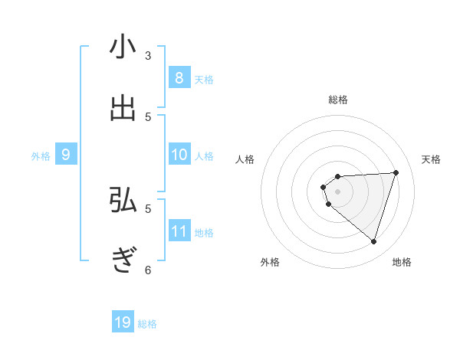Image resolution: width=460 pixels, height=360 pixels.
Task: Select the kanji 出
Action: click(x=123, y=107)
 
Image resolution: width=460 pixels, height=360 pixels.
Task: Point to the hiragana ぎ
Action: click(x=123, y=260)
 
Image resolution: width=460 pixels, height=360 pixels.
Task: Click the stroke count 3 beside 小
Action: click(x=148, y=55)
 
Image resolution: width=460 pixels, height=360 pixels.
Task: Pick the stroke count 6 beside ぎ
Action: click(x=148, y=269)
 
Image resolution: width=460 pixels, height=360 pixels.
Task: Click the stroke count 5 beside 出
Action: click(x=148, y=116)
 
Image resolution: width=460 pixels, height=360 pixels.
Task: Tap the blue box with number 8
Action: click(x=179, y=78)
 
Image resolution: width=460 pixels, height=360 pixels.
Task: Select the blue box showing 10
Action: click(x=179, y=155)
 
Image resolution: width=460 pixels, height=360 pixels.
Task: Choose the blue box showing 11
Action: click(x=179, y=231)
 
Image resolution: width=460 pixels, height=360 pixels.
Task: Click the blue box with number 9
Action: click(x=66, y=155)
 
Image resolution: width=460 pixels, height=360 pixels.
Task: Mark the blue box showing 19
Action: click(x=123, y=322)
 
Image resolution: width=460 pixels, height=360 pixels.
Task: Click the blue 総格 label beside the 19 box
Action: click(x=147, y=324)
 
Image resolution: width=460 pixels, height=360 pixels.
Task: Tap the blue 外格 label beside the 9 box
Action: click(x=41, y=156)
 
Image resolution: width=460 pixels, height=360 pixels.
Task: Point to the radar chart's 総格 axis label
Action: click(x=338, y=100)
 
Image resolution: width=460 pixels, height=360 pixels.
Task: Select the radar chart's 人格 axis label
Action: click(x=245, y=159)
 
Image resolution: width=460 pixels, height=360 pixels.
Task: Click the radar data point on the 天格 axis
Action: click(x=396, y=172)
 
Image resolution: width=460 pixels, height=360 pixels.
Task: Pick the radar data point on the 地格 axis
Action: click(x=373, y=241)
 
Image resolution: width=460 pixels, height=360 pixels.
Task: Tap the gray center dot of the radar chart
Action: click(x=337, y=191)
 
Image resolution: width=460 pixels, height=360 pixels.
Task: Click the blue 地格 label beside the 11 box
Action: click(x=204, y=233)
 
